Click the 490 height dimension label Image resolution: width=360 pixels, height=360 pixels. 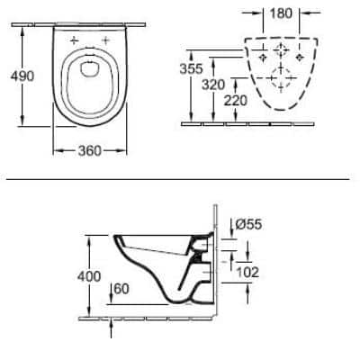21,76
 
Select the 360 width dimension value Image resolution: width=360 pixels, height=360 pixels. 85,152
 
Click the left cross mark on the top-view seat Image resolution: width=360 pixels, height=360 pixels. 75,40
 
